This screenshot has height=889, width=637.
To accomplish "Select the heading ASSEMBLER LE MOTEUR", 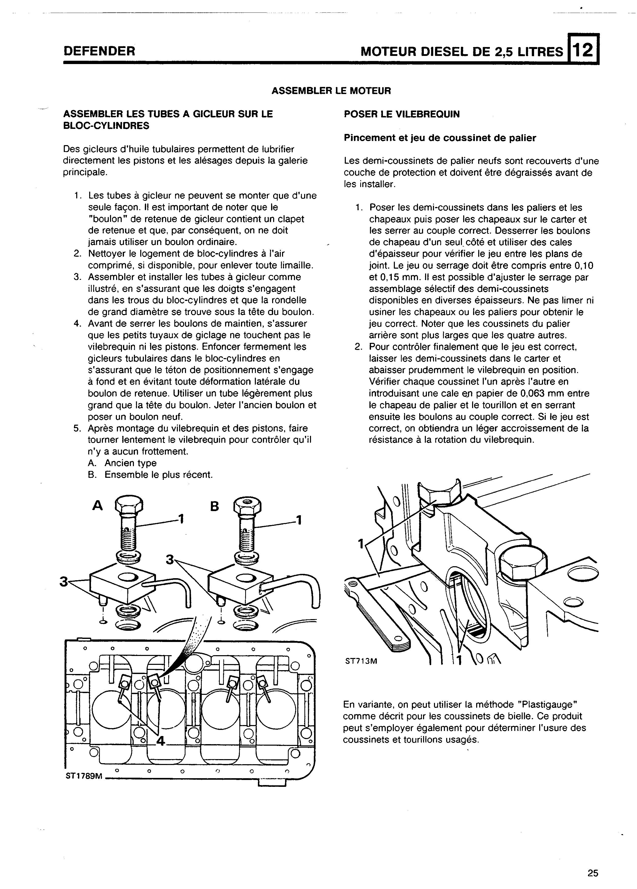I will (x=331, y=91).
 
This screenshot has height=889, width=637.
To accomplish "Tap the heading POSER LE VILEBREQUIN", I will (x=402, y=114).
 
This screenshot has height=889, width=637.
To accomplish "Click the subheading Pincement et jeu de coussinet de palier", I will (x=440, y=138).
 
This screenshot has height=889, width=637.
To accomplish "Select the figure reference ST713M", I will (x=361, y=661).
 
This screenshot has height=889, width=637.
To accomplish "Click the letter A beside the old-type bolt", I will (x=97, y=506).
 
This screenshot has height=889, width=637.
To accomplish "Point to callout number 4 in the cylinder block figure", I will (x=161, y=740).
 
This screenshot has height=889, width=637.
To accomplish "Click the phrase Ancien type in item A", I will (x=131, y=463).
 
